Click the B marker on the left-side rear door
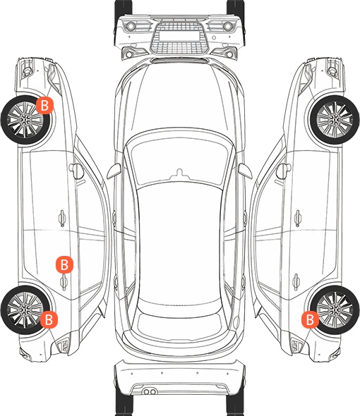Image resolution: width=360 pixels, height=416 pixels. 64,264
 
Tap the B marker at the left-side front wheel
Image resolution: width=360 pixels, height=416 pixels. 45,106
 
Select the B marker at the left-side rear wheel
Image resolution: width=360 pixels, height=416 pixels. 49,319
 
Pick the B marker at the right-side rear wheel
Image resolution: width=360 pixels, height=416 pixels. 310,319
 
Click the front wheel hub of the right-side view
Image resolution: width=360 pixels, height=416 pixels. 335,120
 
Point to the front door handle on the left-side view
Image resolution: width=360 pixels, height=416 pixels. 62,218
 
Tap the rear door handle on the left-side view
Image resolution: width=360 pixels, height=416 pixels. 64,282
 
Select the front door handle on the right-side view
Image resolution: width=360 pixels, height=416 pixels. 298,218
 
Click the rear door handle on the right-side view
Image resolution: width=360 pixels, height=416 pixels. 296,282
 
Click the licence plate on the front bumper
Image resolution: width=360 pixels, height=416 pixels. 179,36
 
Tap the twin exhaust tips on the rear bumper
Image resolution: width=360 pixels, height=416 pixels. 150,392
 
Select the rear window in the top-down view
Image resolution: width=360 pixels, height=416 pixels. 180,324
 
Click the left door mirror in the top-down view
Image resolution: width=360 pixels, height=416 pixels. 114,171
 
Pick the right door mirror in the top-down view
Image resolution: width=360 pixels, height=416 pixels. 245,171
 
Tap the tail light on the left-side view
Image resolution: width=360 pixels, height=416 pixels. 64,346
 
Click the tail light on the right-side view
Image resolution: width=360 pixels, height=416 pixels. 296,346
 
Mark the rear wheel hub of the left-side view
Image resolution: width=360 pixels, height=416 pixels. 25,310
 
